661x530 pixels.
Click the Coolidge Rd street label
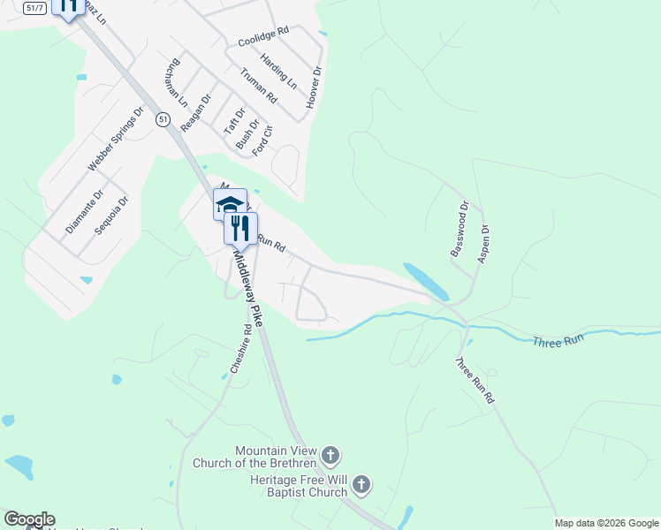(x=263, y=36)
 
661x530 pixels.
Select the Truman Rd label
(x=259, y=86)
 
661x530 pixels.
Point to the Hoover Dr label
(x=314, y=87)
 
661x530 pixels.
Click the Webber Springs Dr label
(x=116, y=140)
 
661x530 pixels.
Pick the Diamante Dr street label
(x=85, y=212)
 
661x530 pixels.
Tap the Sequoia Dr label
(x=111, y=214)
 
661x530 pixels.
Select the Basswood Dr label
(x=458, y=229)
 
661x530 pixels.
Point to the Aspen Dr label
(x=483, y=243)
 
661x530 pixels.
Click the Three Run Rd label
(x=475, y=381)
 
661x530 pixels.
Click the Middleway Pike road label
(x=248, y=288)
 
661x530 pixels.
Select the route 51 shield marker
(x=162, y=118)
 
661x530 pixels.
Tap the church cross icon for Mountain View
(x=330, y=457)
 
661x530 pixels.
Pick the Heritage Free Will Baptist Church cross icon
(x=361, y=484)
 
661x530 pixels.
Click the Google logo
(x=29, y=519)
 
